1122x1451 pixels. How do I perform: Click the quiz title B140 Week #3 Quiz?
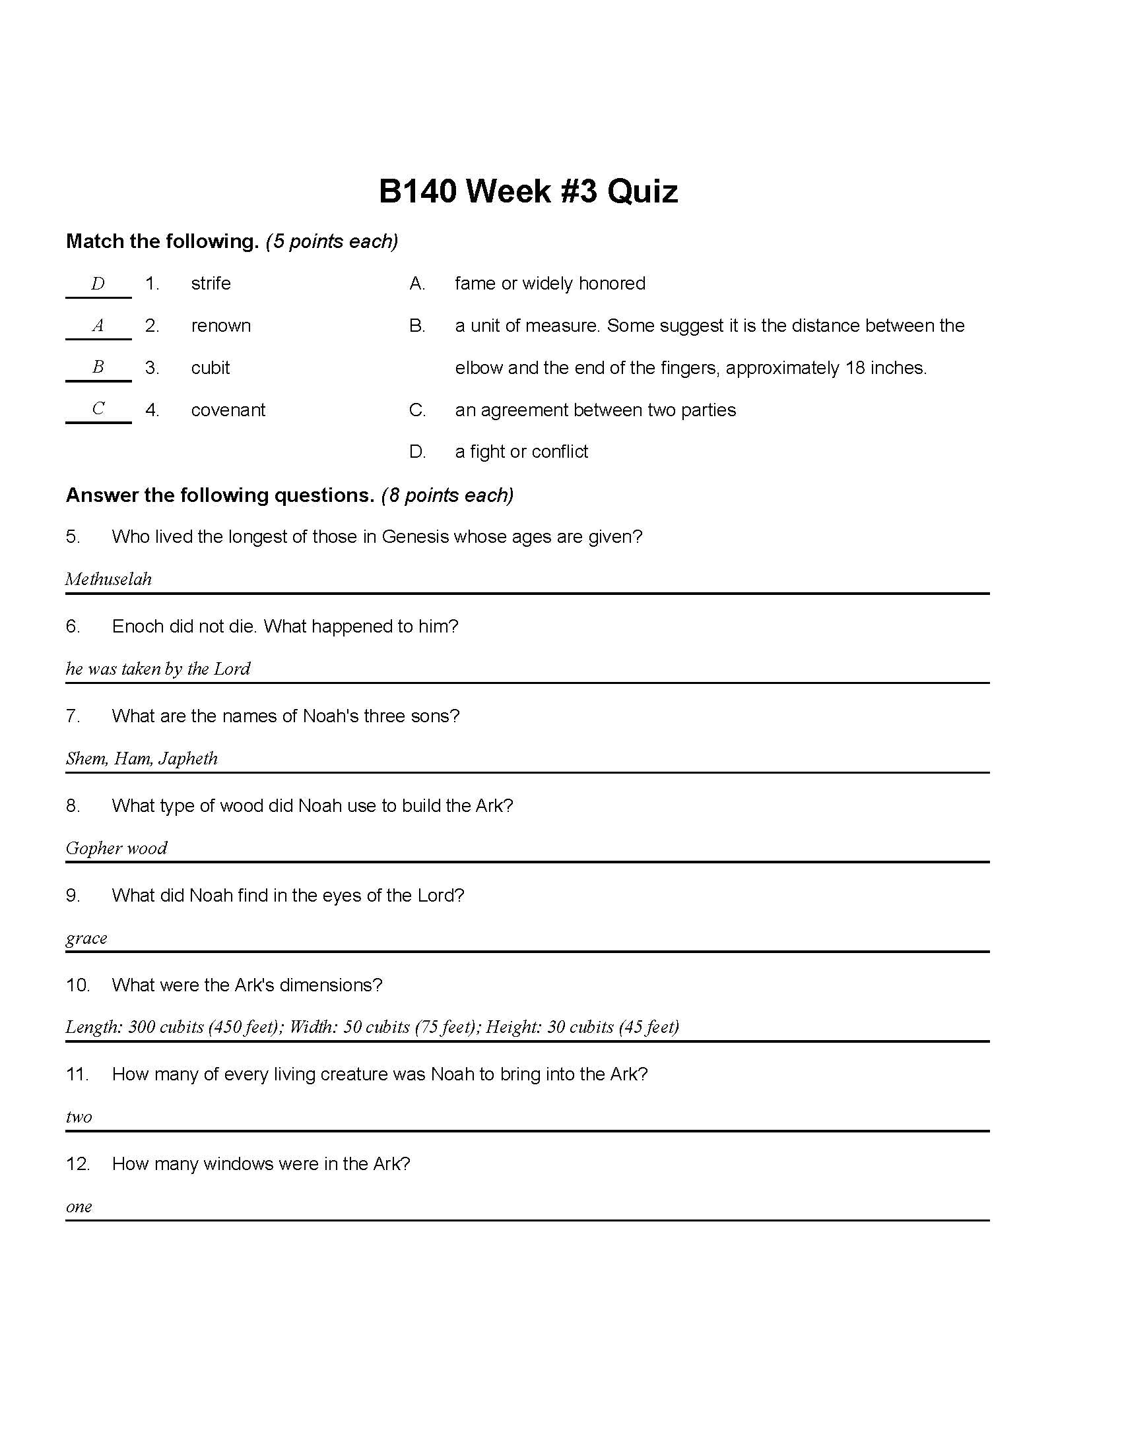coord(528,191)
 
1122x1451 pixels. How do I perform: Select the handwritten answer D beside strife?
coord(98,284)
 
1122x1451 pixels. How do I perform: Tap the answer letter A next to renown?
coord(98,326)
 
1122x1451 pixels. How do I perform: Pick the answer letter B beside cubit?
coord(98,367)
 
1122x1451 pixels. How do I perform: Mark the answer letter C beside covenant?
coord(98,409)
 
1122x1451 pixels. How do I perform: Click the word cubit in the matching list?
coord(210,368)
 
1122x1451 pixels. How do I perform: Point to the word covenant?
coord(228,410)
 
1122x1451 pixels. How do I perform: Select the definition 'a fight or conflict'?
coord(521,452)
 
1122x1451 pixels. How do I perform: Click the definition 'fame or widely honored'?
coord(550,284)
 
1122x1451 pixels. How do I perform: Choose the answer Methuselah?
coord(108,579)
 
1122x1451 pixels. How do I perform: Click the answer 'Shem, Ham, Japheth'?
coord(142,758)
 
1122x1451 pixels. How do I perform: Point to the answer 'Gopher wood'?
coord(116,848)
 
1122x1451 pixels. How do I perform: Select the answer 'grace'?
coord(86,938)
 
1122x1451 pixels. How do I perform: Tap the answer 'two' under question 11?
coord(79,1117)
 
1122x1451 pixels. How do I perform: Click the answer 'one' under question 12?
coord(79,1207)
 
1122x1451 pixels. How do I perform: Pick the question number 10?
coord(77,985)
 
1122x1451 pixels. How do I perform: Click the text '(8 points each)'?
coord(447,495)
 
